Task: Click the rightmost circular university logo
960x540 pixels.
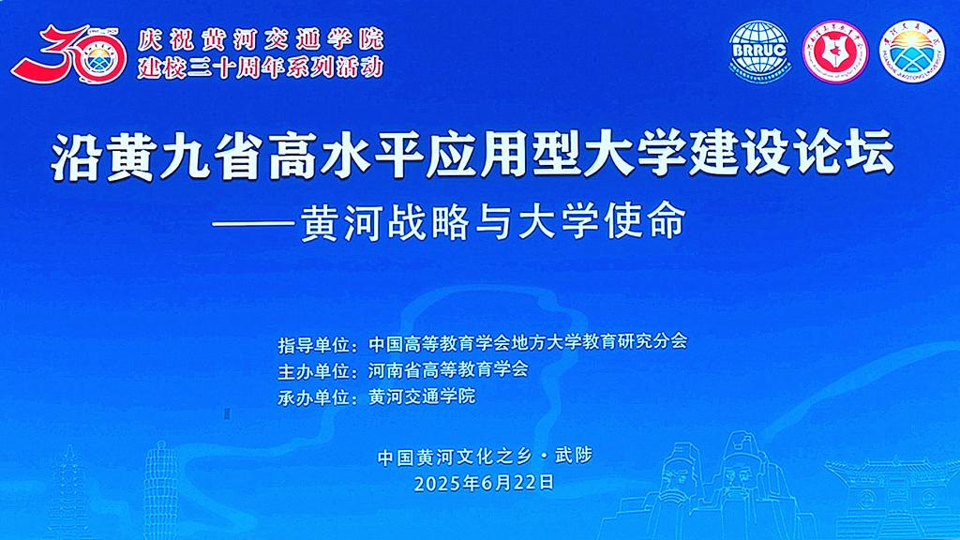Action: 911,52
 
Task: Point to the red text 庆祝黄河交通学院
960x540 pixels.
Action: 260,39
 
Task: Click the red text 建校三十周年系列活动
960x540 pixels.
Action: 260,67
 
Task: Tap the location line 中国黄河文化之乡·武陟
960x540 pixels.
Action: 485,457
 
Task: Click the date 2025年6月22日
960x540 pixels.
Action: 485,483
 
